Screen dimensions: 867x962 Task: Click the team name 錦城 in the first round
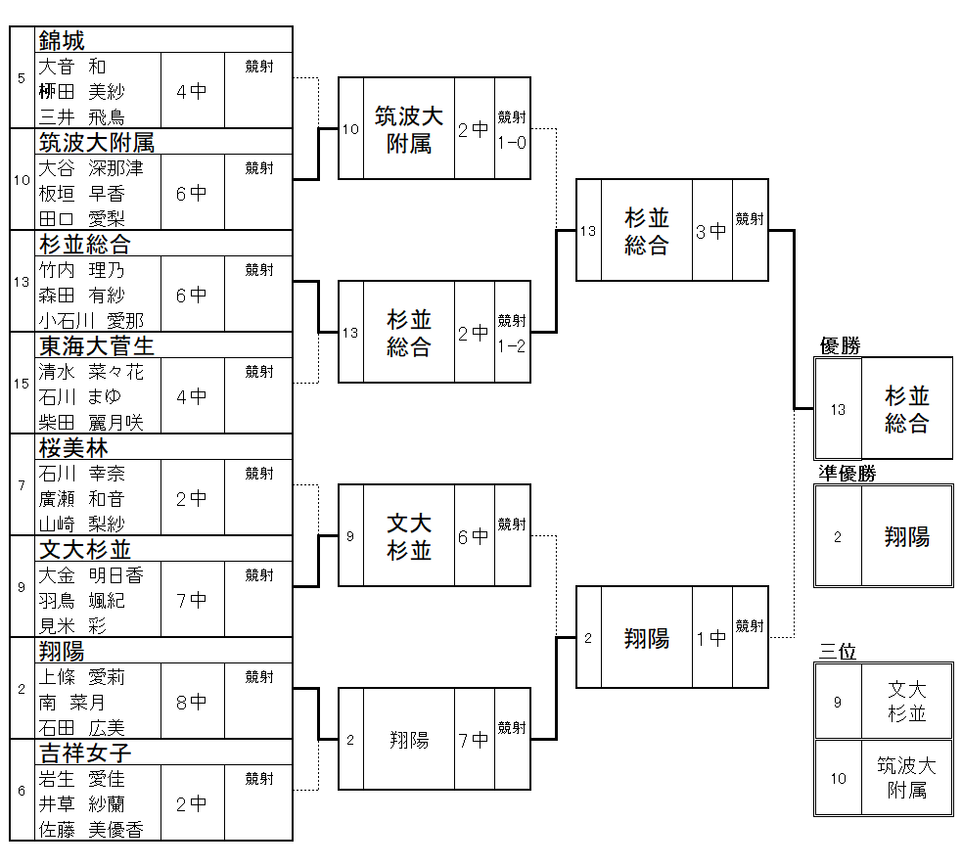[x=62, y=40]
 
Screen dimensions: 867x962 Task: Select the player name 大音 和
[x=71, y=67]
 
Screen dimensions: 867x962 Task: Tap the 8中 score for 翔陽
[x=192, y=702]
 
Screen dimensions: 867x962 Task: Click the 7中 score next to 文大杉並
[x=192, y=600]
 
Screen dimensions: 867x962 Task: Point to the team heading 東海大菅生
[x=96, y=345]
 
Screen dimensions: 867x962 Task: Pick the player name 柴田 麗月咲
[x=91, y=423]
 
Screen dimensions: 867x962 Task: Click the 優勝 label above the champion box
[x=840, y=346]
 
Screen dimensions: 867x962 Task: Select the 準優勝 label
[x=847, y=474]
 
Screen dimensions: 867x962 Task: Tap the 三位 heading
[x=839, y=652]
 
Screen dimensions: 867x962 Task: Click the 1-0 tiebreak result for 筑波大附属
[x=512, y=143]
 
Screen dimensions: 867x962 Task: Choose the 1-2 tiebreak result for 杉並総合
[x=512, y=346]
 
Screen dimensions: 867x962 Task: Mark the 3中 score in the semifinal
[x=711, y=231]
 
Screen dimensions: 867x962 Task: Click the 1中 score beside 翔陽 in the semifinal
[x=711, y=638]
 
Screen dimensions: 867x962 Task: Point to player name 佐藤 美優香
[x=91, y=830]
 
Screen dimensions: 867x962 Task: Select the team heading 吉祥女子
[x=85, y=752]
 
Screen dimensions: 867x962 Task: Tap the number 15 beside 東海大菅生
[x=22, y=384]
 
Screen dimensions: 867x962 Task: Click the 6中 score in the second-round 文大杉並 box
[x=474, y=536]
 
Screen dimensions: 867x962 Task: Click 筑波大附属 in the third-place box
[x=906, y=778]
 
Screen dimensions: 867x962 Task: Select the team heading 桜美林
[x=73, y=447]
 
